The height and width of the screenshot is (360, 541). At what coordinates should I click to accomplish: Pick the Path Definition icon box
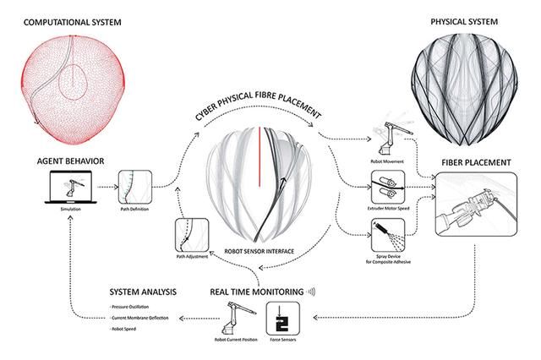coord(136,185)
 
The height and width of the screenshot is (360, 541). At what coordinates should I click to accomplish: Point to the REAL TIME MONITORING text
coord(259,292)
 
